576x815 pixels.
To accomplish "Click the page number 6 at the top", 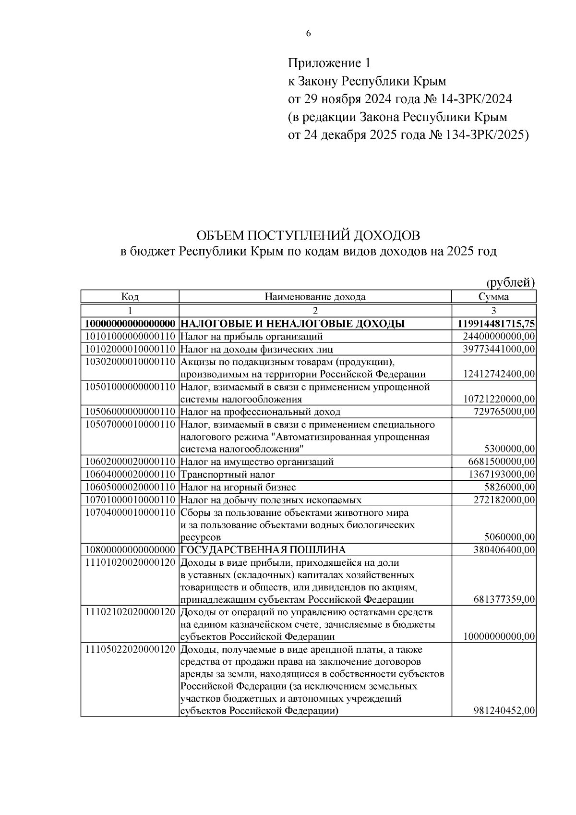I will click(x=308, y=33).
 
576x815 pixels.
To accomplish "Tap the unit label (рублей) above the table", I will click(x=511, y=282).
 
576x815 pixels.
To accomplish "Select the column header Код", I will click(x=130, y=297).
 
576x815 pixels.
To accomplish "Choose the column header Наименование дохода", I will click(x=315, y=297).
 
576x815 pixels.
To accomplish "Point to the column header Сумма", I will click(x=493, y=297).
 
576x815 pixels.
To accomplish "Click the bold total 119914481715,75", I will click(x=497, y=324).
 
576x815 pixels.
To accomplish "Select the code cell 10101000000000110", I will click(x=130, y=337).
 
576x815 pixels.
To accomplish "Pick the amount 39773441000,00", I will click(x=499, y=349).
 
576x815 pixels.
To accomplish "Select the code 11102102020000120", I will click(x=130, y=612).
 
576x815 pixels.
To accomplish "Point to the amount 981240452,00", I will click(x=504, y=711).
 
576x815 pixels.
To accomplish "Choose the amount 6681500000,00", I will click(x=502, y=462).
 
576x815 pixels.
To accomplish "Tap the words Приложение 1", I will click(x=329, y=63).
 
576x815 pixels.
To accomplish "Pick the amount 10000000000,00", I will click(x=499, y=637).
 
